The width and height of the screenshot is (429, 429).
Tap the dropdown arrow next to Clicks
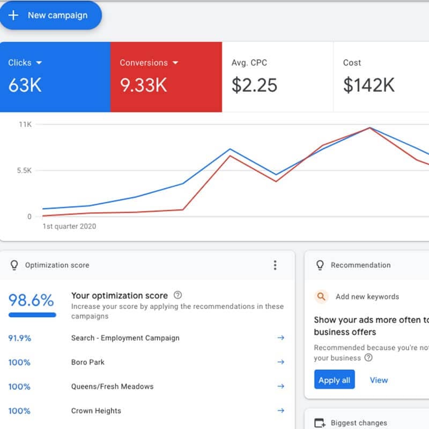point(39,63)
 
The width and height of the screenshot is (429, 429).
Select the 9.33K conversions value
point(143,85)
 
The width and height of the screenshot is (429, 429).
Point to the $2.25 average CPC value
point(254,85)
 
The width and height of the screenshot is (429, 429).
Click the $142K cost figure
point(368,85)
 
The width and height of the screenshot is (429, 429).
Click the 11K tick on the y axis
point(25,124)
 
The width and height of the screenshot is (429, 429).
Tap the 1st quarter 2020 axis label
point(69,226)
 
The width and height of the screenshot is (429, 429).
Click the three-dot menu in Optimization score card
point(275,265)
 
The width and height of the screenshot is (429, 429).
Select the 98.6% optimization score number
point(31,300)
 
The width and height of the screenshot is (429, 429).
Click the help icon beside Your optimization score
point(178,295)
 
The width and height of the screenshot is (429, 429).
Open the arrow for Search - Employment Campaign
point(280,338)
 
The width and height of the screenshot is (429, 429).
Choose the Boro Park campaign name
point(88,362)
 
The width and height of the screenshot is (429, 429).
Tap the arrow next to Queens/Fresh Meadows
point(280,386)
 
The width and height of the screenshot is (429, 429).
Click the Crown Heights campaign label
point(96,411)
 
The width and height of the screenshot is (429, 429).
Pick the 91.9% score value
point(20,338)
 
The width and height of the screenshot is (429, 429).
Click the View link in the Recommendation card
point(379,380)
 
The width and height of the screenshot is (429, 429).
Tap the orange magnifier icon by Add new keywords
point(321,296)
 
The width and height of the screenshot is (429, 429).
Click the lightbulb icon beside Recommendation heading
point(320,265)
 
